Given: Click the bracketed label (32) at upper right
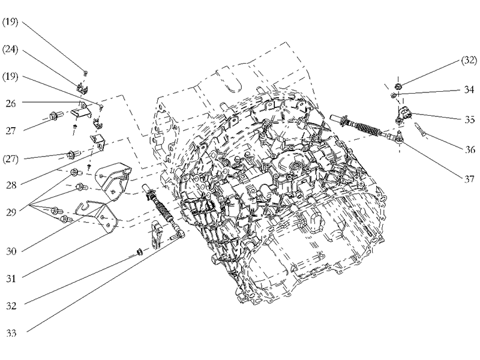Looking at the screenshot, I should [468, 61].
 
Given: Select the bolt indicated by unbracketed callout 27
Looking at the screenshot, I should [52, 116].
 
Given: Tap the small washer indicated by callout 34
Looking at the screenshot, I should [394, 95].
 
